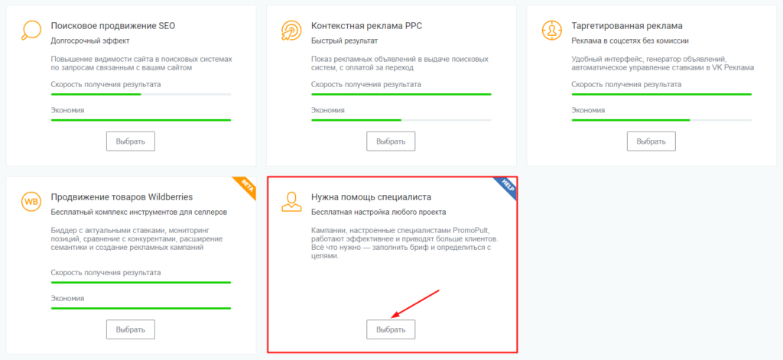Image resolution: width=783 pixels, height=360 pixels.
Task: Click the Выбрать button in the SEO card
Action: point(130,141)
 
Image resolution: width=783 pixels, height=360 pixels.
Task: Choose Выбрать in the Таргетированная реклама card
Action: point(651,141)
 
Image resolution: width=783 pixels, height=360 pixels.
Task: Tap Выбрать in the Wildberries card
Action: point(130,329)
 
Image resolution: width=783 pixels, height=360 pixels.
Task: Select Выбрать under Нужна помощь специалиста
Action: point(391,329)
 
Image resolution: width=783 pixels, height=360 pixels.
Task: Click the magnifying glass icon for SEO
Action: point(31,31)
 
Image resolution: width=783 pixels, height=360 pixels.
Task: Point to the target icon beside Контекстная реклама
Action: point(291,31)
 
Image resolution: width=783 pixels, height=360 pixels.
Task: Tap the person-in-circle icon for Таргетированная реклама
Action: point(552,31)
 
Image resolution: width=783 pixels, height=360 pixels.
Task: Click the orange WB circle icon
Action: point(31,202)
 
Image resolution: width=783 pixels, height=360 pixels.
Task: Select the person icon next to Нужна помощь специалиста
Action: point(291,202)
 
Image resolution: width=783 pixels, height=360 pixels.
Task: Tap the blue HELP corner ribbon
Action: point(506,186)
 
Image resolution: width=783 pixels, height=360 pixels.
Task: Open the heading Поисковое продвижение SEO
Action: point(113,25)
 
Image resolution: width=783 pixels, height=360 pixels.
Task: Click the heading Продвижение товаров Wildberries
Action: point(122,196)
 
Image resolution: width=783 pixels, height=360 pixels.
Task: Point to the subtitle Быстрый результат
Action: point(345,41)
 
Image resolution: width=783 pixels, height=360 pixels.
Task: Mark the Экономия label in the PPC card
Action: point(327,110)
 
